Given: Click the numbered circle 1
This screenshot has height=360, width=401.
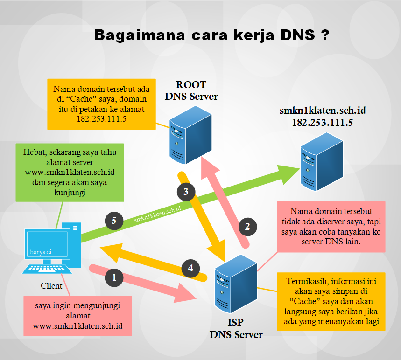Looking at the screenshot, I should pos(115,278).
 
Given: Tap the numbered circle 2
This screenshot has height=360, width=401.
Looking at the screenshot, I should pos(247,227).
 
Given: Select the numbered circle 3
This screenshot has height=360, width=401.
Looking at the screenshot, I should pos(186,191).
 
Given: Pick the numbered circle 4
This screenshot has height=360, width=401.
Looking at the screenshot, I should pos(190,268).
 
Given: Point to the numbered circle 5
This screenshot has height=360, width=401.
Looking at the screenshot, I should pos(114,221).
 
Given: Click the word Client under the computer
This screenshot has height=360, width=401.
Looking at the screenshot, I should pos(51,286).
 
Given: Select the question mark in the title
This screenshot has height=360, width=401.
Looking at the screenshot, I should pos(325,35).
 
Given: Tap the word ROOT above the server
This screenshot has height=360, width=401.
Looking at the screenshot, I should pos(191,85).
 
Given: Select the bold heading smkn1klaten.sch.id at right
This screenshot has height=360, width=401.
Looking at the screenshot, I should pos(322,111).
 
